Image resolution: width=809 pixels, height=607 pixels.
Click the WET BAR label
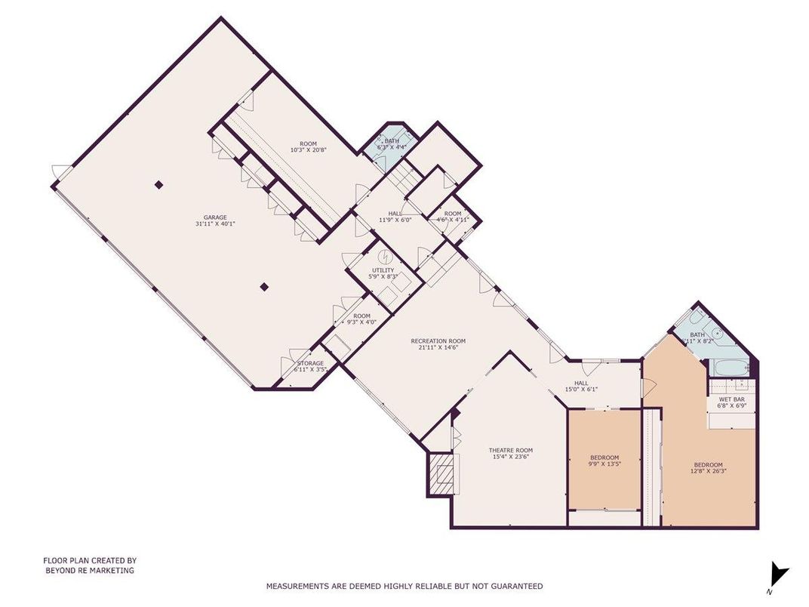point(731,399)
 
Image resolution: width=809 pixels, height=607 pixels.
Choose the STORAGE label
point(309,363)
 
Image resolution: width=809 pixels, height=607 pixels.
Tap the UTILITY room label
point(383,270)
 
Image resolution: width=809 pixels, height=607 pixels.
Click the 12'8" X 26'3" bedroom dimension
point(708,472)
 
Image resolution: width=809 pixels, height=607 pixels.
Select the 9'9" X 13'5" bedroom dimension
point(604,464)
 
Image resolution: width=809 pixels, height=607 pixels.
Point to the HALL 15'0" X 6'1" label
point(581,386)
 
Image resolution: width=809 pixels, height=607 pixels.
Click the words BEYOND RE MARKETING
point(89,572)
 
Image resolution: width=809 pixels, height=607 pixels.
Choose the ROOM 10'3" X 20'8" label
point(308,146)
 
